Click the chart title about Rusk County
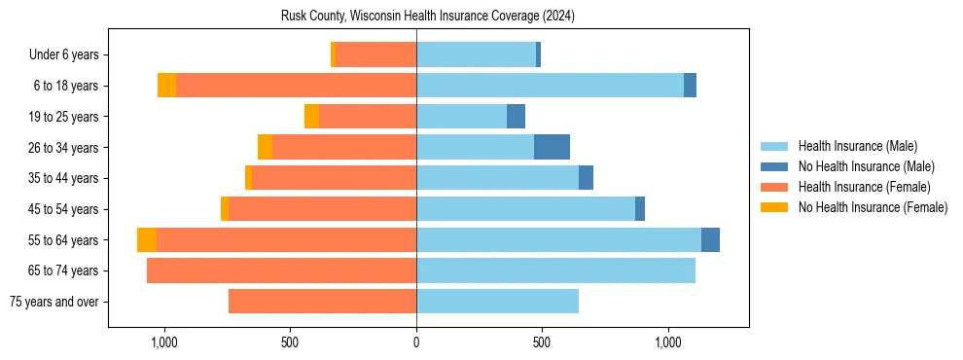[x=428, y=17]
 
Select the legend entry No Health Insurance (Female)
[x=873, y=207]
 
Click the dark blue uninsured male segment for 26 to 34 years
[x=552, y=147]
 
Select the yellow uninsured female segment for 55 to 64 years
[x=147, y=240]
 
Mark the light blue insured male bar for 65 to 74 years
[x=555, y=270]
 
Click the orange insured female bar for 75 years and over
[x=322, y=302]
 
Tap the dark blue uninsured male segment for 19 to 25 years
[x=516, y=117]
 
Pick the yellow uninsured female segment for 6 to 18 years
[x=166, y=86]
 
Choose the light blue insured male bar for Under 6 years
[x=476, y=54]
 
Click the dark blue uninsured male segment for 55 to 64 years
[x=710, y=240]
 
